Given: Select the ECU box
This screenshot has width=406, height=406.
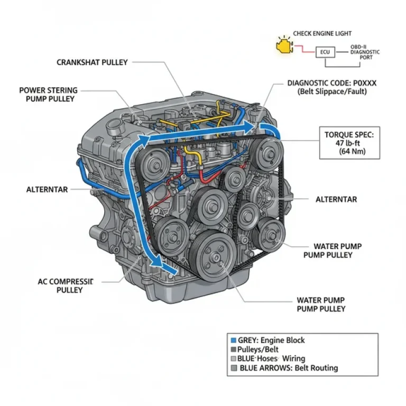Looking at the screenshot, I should pos(325,52).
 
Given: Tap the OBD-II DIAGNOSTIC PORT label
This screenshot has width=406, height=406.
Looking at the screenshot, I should pos(364,52).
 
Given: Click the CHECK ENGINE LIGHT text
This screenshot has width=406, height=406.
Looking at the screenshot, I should pos(322,34).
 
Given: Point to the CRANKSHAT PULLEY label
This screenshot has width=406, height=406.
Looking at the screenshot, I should pos(92,62).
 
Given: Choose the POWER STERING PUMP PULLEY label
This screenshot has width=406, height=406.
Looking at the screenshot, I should pos(48,94).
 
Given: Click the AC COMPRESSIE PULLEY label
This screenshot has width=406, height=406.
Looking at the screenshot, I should pos(66,286).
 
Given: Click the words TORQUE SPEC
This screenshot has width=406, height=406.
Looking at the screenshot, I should pos(348,135).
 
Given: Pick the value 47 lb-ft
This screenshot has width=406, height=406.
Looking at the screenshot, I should pos(349,143).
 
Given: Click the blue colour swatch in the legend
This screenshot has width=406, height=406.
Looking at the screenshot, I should pos(233,340).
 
